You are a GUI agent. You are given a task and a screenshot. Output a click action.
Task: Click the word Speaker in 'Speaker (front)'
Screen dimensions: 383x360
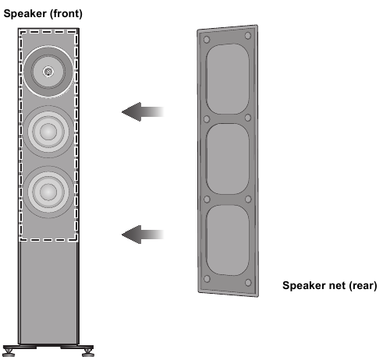(x=25, y=13)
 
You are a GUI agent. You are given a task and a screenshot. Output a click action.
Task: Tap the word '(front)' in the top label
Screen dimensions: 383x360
(x=66, y=14)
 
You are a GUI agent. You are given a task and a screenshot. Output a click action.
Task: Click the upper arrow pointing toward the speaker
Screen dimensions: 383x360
(x=143, y=111)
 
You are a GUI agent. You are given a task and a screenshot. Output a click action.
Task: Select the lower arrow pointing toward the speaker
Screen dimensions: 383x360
(x=143, y=235)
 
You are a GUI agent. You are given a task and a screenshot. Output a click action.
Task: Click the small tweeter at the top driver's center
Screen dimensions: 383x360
(x=48, y=72)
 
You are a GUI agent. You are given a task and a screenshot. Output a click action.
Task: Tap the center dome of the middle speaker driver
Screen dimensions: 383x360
(x=48, y=132)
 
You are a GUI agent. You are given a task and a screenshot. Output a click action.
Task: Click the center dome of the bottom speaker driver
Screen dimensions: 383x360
(x=48, y=192)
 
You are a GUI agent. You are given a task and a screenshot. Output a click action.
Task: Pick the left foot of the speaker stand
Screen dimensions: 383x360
(x=9, y=352)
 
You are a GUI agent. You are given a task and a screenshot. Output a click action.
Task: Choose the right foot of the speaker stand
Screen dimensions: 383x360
(x=88, y=352)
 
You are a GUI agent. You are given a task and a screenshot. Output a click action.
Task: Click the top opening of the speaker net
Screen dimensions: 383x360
(x=227, y=79)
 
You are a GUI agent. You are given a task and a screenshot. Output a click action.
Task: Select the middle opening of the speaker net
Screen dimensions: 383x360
(x=227, y=159)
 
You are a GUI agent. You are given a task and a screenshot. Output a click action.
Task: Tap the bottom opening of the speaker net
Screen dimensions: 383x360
(x=227, y=240)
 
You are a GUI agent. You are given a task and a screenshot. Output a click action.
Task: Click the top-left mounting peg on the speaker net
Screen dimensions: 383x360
(x=207, y=40)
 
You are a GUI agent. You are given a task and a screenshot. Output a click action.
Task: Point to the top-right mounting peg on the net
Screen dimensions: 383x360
(x=248, y=35)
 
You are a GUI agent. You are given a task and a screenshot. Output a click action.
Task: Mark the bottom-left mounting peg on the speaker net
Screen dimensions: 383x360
(x=207, y=279)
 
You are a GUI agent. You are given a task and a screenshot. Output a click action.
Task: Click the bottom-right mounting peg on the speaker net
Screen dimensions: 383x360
(x=248, y=283)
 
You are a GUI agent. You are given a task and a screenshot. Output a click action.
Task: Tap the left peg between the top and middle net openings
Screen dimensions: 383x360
(x=207, y=119)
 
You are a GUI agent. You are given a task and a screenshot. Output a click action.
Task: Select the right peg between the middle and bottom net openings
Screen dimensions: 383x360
(x=248, y=199)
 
